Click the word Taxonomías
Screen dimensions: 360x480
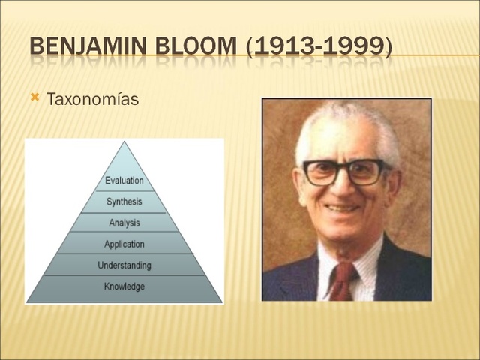(92, 99)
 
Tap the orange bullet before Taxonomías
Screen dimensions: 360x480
(34, 97)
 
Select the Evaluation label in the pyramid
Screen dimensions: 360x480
(124, 181)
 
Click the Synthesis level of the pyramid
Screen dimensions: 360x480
(124, 202)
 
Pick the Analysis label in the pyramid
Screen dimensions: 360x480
(124, 223)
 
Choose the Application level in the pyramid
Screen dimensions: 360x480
(124, 244)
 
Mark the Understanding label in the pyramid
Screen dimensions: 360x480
(124, 265)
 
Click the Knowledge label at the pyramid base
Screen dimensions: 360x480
(124, 286)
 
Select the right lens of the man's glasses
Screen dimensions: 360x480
(366, 172)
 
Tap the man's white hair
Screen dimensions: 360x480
(345, 124)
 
